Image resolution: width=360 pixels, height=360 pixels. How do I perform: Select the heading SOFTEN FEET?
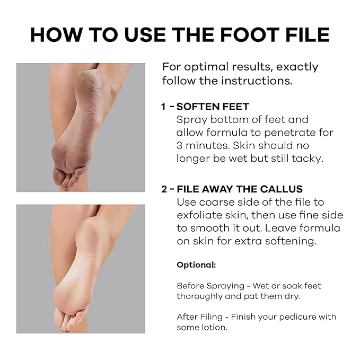point(213,107)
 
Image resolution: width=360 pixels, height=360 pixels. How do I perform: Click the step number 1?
point(163,107)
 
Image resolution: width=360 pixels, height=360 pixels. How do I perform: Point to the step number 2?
point(164,189)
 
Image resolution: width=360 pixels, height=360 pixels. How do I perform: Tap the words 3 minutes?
point(203,146)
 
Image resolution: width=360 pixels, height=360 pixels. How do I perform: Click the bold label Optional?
point(196,265)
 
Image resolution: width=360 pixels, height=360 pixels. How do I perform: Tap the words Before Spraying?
point(210,286)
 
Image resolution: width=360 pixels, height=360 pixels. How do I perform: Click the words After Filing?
point(200,317)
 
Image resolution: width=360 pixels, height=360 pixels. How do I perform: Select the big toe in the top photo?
point(58,177)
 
